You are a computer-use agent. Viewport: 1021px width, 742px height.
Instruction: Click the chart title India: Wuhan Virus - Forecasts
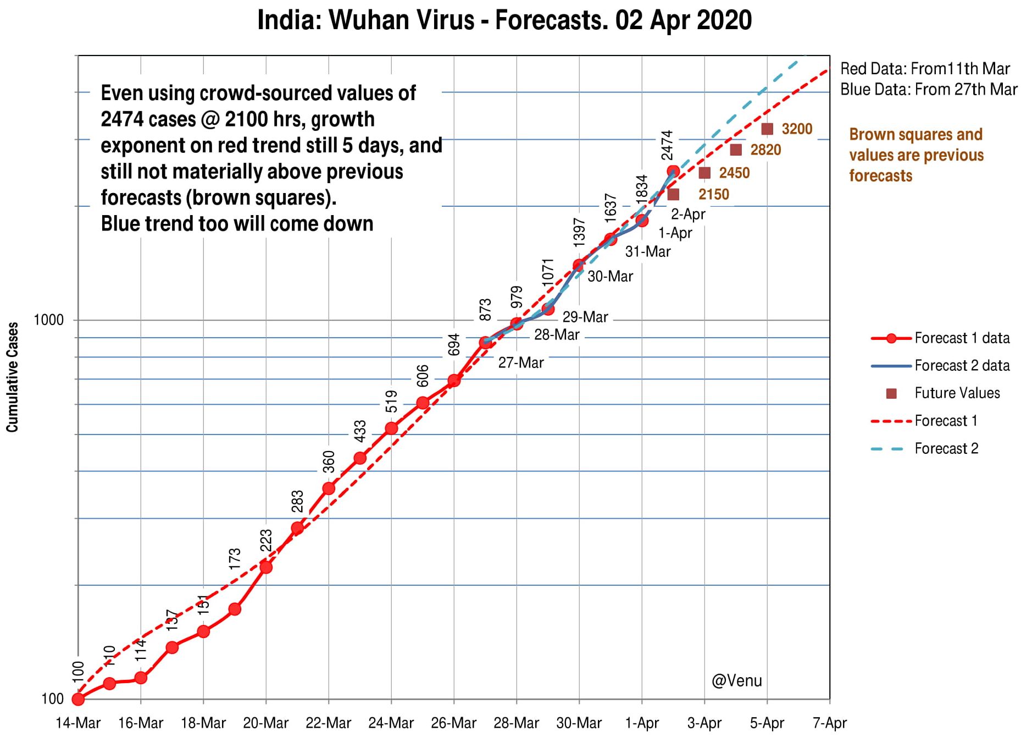504,21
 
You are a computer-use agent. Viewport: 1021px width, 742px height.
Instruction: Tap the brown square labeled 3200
767,129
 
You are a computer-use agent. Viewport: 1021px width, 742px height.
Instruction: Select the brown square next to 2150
673,194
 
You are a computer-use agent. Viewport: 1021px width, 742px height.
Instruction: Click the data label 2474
667,145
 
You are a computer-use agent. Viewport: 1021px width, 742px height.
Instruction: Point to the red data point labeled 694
454,380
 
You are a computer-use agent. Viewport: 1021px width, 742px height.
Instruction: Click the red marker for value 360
329,488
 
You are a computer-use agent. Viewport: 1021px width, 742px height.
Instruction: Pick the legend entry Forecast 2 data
962,366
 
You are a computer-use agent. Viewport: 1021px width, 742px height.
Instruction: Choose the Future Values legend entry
957,393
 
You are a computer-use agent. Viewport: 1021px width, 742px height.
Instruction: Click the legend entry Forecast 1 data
962,338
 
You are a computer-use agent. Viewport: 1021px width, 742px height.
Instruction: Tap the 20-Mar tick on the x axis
266,723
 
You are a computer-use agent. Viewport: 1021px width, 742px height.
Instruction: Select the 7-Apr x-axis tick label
830,723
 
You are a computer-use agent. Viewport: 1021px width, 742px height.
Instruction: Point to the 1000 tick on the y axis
49,320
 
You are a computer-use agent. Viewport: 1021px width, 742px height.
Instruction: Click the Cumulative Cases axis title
13,377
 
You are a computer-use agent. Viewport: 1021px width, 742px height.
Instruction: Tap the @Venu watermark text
736,681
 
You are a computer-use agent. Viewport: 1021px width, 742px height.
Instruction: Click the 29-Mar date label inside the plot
585,317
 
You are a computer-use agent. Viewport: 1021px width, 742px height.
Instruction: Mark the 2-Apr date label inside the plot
688,214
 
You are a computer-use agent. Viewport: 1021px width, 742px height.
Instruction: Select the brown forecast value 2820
765,150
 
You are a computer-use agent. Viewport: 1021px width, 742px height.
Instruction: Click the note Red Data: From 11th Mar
925,69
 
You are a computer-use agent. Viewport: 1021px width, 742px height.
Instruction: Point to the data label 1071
548,272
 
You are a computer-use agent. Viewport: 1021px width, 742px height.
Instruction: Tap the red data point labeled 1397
579,265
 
